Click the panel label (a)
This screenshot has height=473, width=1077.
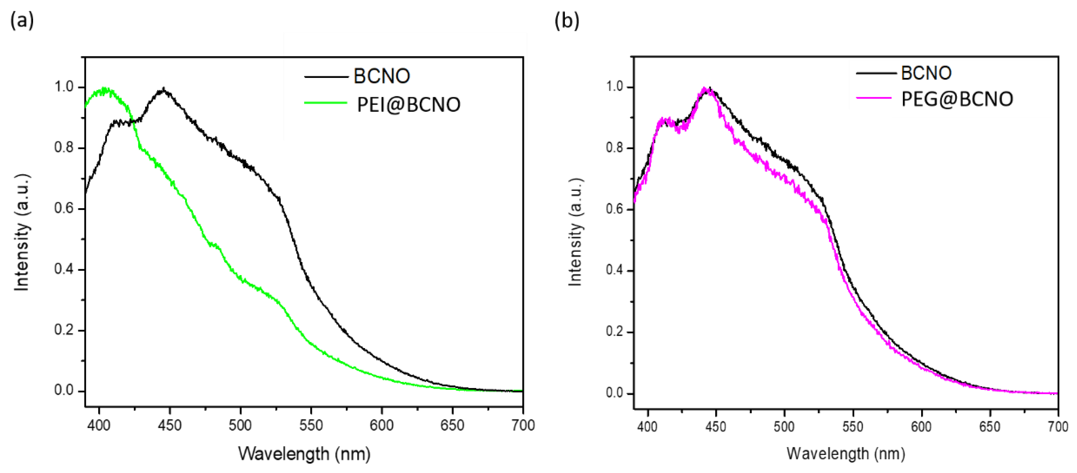point(22,20)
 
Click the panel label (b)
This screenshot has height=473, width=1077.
point(566,20)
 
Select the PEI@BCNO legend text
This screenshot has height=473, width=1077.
point(408,105)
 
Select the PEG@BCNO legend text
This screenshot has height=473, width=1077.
point(956,99)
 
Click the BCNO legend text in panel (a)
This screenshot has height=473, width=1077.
point(381,76)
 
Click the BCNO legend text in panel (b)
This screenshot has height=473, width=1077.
point(926,73)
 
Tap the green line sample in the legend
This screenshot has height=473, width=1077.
point(326,103)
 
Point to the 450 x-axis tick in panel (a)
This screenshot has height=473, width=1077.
point(170,425)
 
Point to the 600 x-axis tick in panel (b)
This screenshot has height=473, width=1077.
point(921,427)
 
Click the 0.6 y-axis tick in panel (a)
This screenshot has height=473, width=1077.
point(64,208)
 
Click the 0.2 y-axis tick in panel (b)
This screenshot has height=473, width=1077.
point(615,332)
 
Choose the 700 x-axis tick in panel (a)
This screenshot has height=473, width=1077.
point(523,425)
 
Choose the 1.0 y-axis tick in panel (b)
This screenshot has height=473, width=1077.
point(615,87)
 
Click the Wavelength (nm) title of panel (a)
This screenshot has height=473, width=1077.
point(304,453)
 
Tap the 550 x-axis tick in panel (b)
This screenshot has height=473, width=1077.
point(852,427)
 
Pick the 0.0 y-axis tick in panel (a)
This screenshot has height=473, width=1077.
point(64,390)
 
